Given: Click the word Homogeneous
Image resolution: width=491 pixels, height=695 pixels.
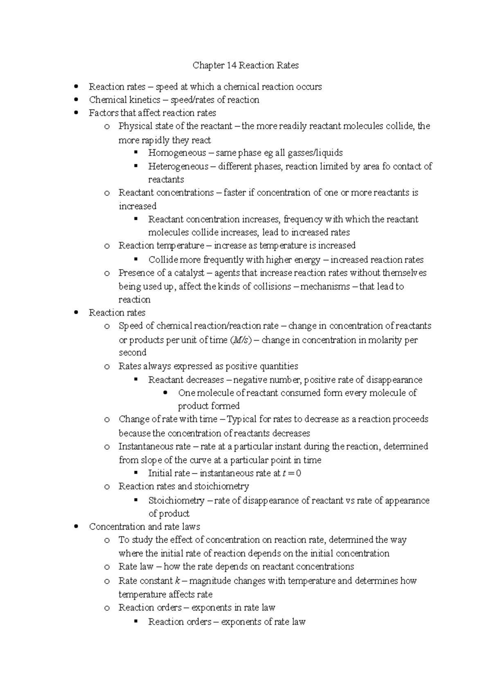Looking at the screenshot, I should (177, 153).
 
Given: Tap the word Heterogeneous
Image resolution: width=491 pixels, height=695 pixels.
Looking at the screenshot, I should (178, 167).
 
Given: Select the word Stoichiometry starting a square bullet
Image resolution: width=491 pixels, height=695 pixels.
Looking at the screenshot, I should (176, 501).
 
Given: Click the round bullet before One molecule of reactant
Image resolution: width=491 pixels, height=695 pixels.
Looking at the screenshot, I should (165, 393).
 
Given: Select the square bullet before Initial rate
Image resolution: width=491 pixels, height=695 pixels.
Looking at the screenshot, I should (136, 473).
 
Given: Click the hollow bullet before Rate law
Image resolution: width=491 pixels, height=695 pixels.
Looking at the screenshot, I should (107, 567).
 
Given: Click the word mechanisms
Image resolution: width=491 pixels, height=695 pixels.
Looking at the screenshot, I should (325, 287).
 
